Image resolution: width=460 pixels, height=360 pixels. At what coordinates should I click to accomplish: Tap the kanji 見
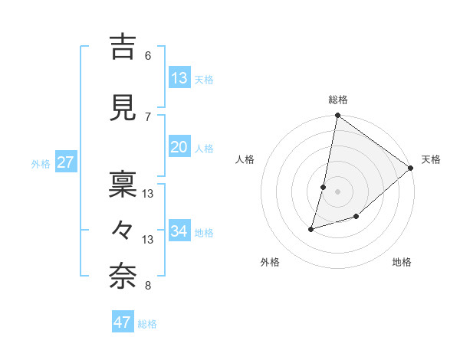123,106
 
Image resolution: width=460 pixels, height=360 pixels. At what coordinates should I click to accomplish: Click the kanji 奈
123,277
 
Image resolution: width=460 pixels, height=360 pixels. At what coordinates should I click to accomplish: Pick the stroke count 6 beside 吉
147,56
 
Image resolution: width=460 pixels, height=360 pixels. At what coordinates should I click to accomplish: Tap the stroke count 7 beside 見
147,116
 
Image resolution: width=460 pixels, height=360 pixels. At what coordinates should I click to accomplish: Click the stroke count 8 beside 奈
147,286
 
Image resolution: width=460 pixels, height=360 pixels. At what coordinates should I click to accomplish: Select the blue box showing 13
179,78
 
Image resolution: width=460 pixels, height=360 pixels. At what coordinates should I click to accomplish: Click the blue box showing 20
179,147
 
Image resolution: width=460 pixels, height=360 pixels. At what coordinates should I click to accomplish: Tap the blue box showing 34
179,231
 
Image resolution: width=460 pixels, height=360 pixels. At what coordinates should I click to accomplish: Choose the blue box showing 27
66,162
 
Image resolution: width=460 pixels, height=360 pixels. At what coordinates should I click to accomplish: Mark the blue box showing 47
123,322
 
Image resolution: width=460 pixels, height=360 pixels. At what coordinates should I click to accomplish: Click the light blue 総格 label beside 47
148,324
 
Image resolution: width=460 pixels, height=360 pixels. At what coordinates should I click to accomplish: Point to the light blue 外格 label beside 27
41,164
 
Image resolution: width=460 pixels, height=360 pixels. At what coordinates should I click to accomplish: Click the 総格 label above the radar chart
337,100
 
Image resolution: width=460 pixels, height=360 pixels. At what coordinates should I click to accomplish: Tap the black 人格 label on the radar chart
245,159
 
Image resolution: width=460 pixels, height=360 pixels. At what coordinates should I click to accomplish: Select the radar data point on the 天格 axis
411,169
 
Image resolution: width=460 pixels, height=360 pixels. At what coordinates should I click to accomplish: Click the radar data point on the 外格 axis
311,228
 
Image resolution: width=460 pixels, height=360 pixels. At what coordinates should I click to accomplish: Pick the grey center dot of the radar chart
337,191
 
